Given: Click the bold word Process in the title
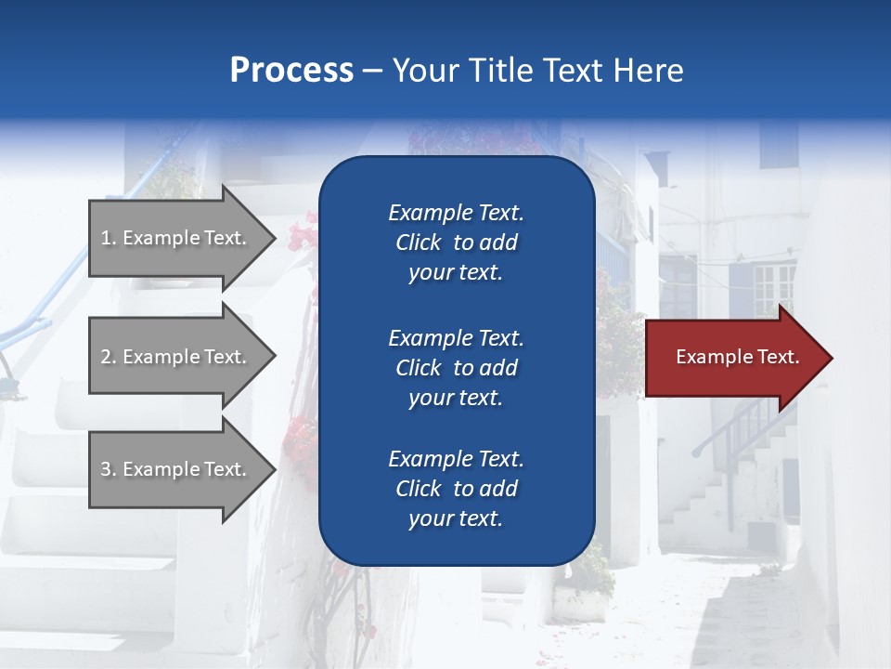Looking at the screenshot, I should (291, 71).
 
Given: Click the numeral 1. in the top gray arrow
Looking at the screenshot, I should (109, 238).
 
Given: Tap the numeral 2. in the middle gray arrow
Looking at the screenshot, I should (109, 357).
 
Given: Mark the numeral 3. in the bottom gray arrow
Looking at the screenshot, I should (109, 469).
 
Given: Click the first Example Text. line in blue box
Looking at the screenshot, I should (456, 213).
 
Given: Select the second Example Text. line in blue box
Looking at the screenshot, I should (456, 338).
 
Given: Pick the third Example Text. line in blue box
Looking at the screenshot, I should (456, 459).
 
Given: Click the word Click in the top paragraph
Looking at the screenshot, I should (418, 243).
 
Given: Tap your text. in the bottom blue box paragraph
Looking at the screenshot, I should (456, 518).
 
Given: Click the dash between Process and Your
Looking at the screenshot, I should (372, 71).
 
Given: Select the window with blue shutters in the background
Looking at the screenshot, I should (761, 288).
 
